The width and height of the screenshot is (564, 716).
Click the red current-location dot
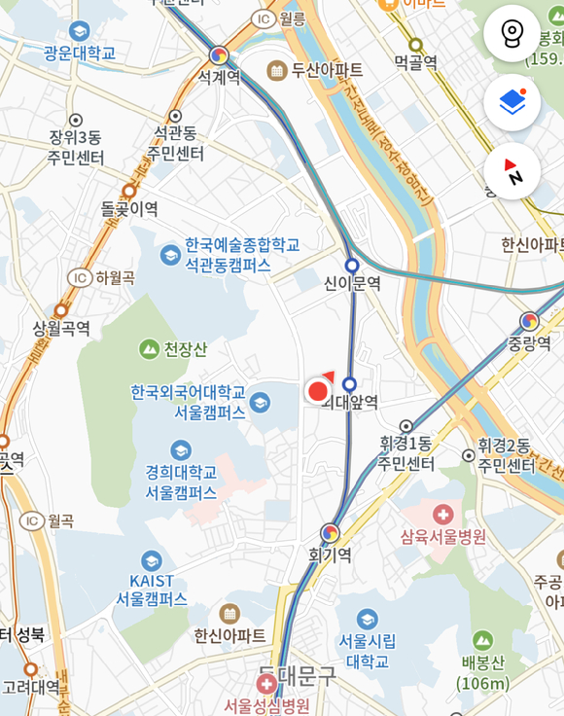[x=318, y=391]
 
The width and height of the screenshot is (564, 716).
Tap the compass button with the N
[x=511, y=171]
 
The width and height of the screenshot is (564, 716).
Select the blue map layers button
[x=511, y=102]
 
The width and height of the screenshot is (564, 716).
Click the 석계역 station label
[x=219, y=77]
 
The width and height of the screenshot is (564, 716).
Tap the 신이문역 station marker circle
[x=352, y=265]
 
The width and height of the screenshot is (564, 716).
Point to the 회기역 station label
[x=330, y=555]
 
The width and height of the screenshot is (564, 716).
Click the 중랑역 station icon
[x=529, y=321]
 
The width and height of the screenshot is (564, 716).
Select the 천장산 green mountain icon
[x=149, y=348]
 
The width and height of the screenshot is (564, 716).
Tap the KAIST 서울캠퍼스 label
[x=152, y=590]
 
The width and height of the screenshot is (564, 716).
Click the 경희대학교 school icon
[x=180, y=450]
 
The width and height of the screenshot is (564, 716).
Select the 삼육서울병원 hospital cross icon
[x=443, y=514]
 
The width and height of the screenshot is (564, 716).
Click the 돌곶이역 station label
[x=129, y=208]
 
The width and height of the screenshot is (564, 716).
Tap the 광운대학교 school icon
[x=80, y=30]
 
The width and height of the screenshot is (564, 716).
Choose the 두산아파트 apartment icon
[x=277, y=70]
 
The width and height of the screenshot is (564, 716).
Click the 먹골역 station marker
[x=415, y=45]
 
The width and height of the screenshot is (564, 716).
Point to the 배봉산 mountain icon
[x=483, y=640]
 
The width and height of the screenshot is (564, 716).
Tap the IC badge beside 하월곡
[x=79, y=278]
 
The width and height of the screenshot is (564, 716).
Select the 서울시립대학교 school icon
[x=367, y=620]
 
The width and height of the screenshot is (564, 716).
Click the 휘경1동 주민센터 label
[x=406, y=454]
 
